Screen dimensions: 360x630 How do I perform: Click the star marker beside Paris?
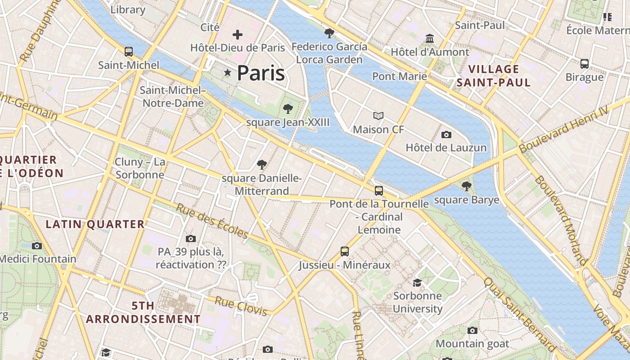click(228, 73)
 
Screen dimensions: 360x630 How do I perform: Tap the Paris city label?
click(261, 73)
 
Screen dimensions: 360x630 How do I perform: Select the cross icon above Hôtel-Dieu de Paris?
click(238, 35)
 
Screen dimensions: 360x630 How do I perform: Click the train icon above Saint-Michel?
click(129, 52)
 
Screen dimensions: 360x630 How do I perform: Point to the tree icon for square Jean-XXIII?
click(288, 108)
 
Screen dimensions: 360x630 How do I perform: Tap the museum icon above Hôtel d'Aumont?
click(430, 38)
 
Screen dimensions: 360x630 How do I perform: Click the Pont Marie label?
click(400, 76)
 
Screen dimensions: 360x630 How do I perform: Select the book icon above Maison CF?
click(378, 116)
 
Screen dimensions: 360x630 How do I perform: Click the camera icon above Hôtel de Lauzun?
click(446, 135)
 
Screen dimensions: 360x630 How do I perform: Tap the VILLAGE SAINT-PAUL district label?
click(494, 76)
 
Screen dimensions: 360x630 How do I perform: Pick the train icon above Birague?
click(585, 63)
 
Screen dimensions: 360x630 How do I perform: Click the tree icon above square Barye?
click(467, 186)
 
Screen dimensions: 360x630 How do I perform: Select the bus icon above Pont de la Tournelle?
click(379, 190)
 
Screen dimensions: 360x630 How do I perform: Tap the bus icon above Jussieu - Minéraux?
click(345, 252)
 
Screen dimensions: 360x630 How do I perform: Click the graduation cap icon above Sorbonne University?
click(418, 283)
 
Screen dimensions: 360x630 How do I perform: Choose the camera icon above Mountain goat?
click(472, 331)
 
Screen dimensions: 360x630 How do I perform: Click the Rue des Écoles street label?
click(211, 221)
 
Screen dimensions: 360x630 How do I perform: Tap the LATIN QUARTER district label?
click(95, 224)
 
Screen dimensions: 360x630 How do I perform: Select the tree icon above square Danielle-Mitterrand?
click(261, 165)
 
